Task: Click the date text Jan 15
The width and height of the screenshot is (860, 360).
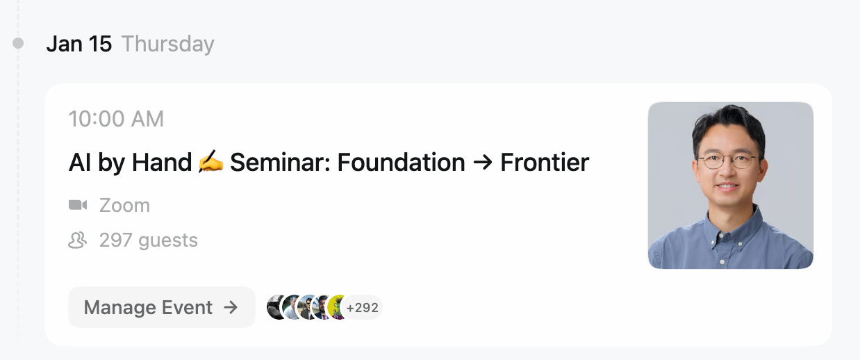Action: (78, 44)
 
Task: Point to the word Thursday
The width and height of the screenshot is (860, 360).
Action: (168, 44)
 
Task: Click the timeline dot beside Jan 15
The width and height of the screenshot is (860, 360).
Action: (19, 44)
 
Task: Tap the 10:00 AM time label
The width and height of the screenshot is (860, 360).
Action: (116, 120)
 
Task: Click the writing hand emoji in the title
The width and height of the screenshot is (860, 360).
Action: (210, 163)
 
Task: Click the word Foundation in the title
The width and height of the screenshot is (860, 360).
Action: (401, 163)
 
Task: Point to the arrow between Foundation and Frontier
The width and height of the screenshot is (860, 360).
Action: (483, 163)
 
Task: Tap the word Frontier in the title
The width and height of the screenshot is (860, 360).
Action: (545, 163)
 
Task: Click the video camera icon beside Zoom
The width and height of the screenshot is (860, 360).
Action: (78, 206)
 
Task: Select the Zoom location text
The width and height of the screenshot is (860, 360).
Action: (124, 206)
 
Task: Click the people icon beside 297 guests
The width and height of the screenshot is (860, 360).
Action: (78, 240)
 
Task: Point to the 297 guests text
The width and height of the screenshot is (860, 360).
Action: (148, 240)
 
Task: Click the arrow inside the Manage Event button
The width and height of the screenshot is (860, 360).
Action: (231, 307)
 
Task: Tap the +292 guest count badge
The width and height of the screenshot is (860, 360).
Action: (363, 307)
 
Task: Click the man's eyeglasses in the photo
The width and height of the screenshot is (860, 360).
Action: (727, 161)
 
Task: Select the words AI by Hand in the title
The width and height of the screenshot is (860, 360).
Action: (130, 163)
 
